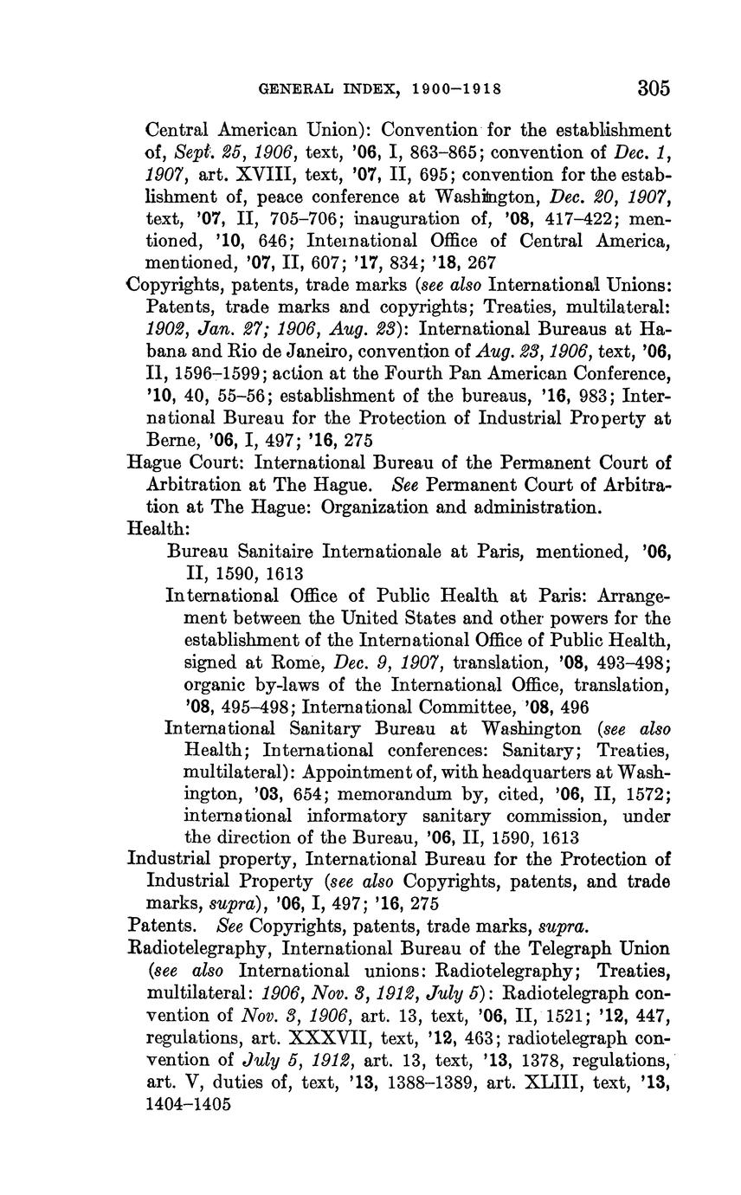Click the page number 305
click(x=654, y=87)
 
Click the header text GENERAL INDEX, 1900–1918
click(x=382, y=88)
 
